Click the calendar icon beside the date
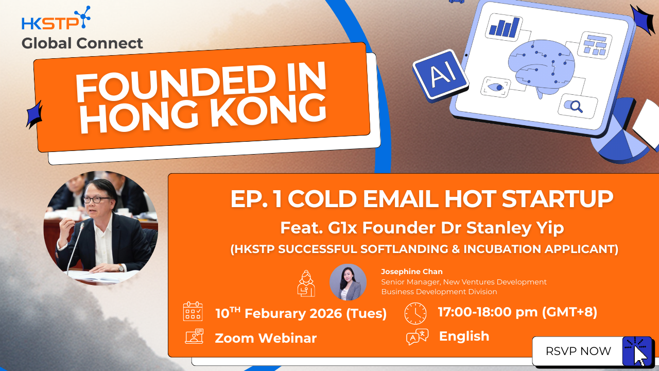(x=193, y=311)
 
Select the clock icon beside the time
(x=415, y=313)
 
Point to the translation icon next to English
(x=417, y=336)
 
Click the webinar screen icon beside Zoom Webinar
(x=194, y=336)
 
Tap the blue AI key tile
(x=440, y=76)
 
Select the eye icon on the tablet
(x=496, y=87)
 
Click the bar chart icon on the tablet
(x=504, y=27)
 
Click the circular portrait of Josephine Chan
(x=348, y=282)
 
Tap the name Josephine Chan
(x=411, y=272)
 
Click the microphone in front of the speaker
(x=75, y=247)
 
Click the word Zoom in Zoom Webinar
(x=234, y=338)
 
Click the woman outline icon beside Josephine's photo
(x=306, y=283)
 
